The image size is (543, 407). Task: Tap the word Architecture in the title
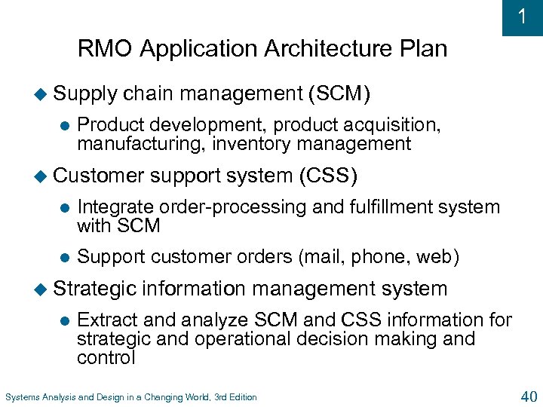click(318, 50)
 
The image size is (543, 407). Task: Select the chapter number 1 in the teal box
click(522, 17)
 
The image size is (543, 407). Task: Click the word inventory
click(242, 143)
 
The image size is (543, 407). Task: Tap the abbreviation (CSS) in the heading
click(327, 176)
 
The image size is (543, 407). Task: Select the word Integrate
click(115, 207)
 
